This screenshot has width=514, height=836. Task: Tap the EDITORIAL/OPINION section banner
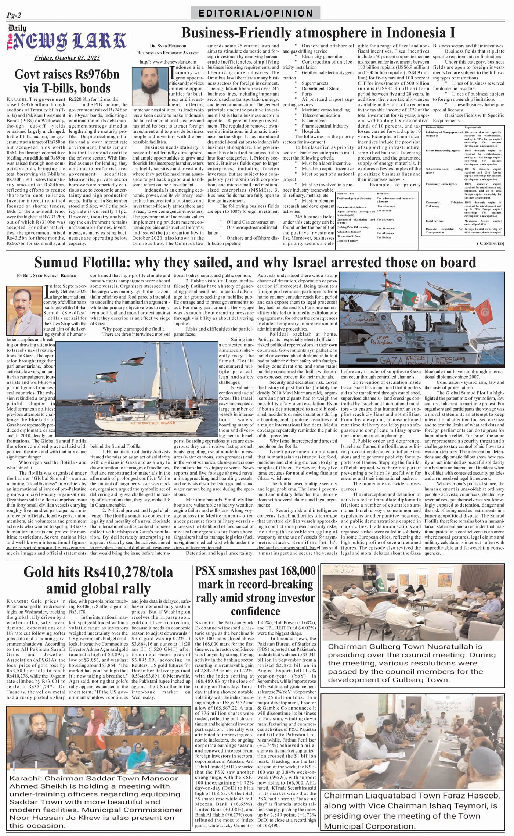pyautogui.click(x=256, y=13)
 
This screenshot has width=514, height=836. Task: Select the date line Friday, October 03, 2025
pyautogui.click(x=67, y=58)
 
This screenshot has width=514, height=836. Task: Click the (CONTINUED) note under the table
pyautogui.click(x=491, y=243)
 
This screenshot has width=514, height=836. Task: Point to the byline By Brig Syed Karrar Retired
pyautogui.click(x=47, y=275)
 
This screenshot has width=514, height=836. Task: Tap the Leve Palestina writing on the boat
pyautogui.click(x=385, y=340)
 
